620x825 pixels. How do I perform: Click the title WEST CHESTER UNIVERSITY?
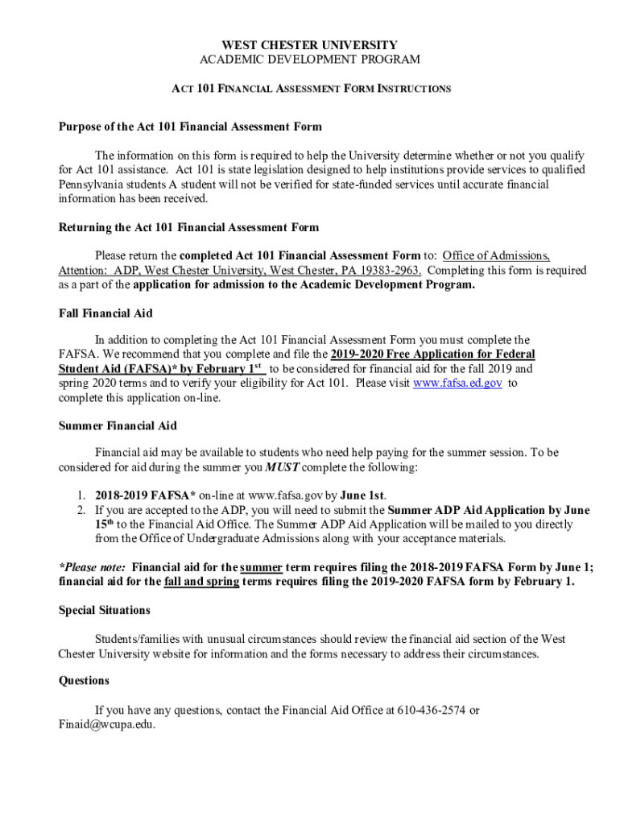point(309,45)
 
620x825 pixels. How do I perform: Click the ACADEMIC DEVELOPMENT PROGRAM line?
point(309,60)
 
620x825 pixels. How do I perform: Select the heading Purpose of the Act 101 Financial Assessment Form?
point(190,126)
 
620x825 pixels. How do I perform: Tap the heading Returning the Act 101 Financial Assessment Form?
point(188,227)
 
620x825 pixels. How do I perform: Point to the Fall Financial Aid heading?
point(105,313)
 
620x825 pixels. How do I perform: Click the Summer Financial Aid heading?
point(118,425)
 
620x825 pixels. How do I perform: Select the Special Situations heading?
point(104,610)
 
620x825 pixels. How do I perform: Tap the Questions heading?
point(84,680)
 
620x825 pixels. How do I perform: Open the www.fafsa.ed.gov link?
point(457,383)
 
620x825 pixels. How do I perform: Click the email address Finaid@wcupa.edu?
point(106,724)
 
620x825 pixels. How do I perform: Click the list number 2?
point(81,510)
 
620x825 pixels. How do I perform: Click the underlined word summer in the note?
point(261,566)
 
